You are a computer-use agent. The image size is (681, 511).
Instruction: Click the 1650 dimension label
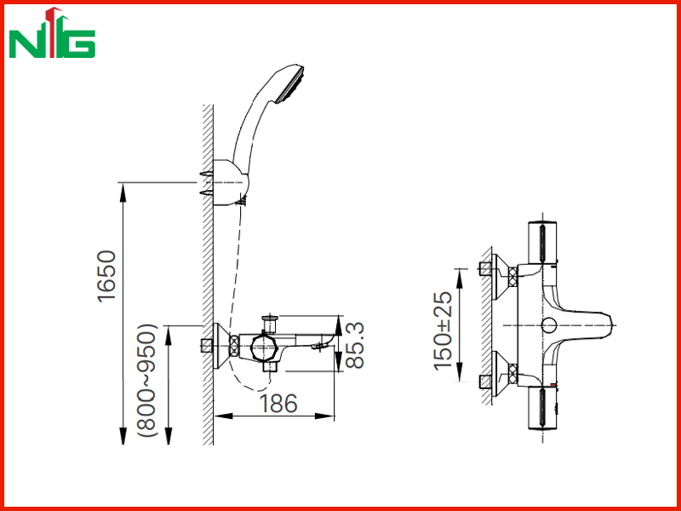tap(107, 276)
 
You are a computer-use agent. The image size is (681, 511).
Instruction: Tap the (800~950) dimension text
tap(146, 380)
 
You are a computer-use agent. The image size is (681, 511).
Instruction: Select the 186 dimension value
tap(278, 404)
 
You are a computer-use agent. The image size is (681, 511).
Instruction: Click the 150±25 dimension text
tap(443, 330)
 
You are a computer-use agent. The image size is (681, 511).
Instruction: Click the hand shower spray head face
tap(291, 85)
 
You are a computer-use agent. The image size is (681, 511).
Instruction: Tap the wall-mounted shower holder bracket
tap(230, 182)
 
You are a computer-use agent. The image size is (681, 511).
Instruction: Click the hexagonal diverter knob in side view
tap(263, 347)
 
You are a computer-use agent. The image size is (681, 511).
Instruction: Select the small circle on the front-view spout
tap(549, 325)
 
